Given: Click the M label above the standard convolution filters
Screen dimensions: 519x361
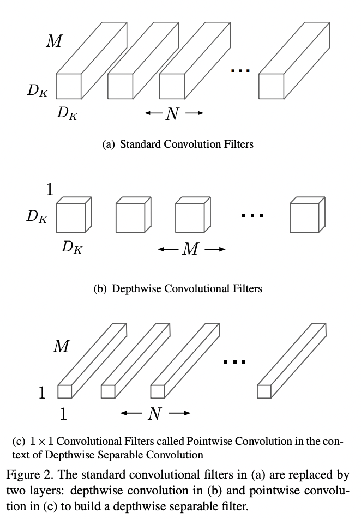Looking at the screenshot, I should pyautogui.click(x=54, y=41).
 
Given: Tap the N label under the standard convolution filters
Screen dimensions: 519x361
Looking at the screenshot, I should pyautogui.click(x=172, y=114).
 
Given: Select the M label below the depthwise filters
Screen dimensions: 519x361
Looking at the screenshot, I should pyautogui.click(x=190, y=249).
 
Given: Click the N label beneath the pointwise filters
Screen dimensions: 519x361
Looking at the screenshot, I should pyautogui.click(x=155, y=414).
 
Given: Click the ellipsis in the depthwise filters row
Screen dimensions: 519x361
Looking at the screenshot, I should pyautogui.click(x=252, y=216).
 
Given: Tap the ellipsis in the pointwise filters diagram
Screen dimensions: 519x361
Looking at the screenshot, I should pyautogui.click(x=236, y=361).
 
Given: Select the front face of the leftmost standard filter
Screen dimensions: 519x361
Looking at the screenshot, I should pyautogui.click(x=69, y=86).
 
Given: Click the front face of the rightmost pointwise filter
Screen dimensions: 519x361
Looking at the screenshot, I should pyautogui.click(x=264, y=391).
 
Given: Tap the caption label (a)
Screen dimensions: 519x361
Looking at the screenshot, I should pyautogui.click(x=109, y=145).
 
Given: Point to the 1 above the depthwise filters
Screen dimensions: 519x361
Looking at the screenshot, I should pyautogui.click(x=50, y=190).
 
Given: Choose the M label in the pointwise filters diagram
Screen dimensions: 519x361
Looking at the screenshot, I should pyautogui.click(x=61, y=346).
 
